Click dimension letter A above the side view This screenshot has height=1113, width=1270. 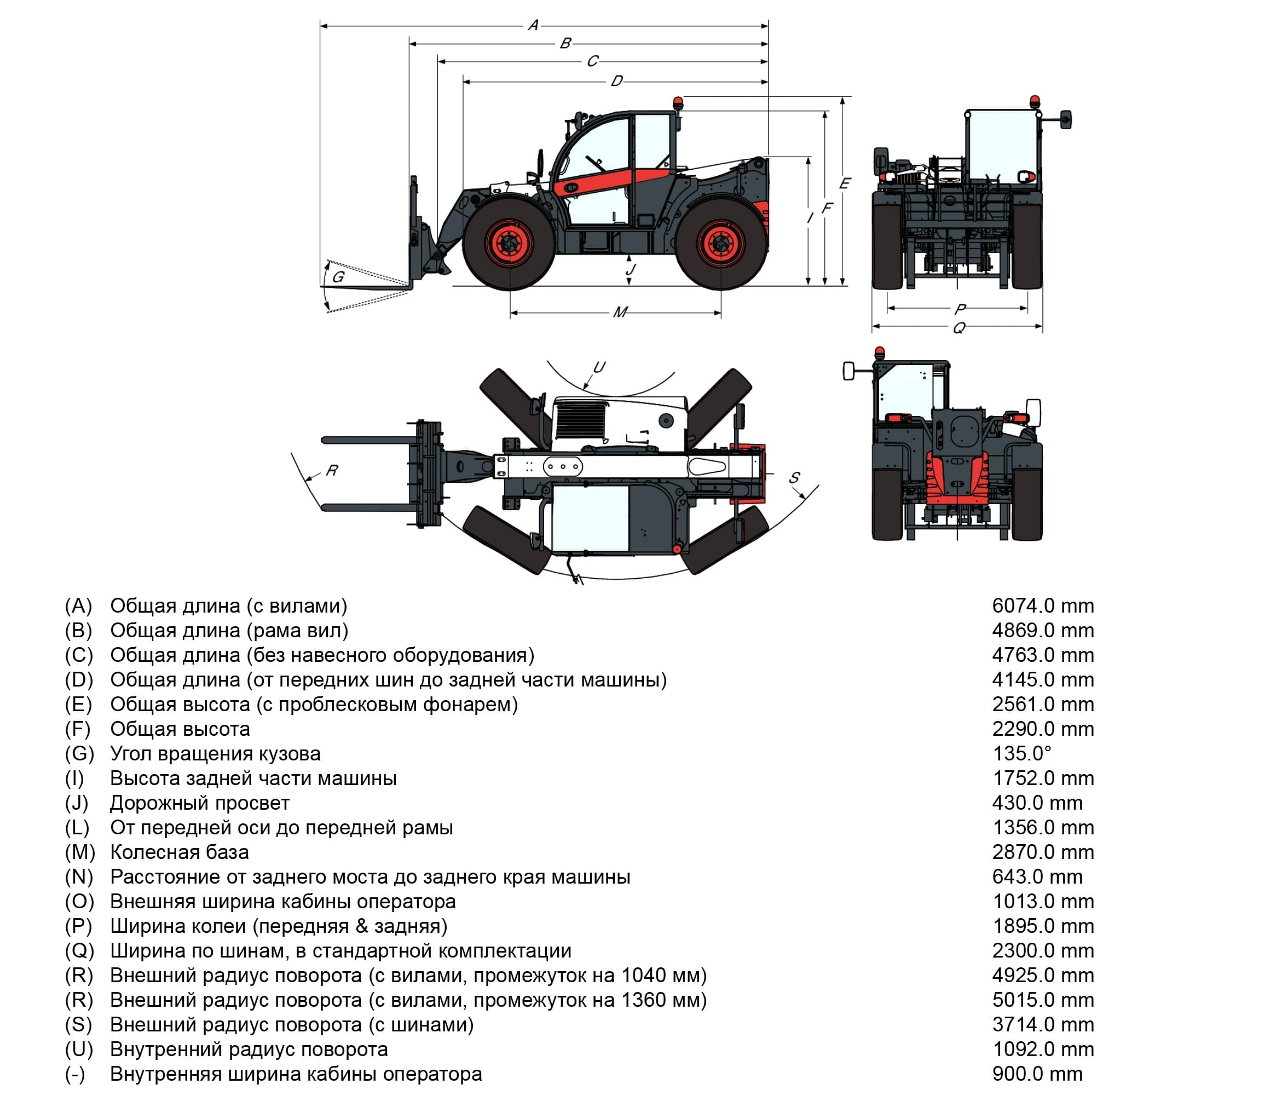click(533, 26)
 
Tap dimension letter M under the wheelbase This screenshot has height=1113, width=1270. click(620, 312)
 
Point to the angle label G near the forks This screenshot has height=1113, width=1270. click(338, 277)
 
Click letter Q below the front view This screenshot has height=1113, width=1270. click(958, 327)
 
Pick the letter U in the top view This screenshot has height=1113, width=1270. click(599, 367)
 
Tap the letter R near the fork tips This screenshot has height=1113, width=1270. click(332, 470)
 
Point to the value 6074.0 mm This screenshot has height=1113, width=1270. click(1042, 605)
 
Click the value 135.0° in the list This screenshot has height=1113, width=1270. click(1021, 753)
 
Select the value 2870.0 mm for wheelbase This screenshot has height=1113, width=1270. click(1042, 852)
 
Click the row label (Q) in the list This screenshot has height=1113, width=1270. click(79, 951)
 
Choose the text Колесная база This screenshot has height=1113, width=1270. click(179, 852)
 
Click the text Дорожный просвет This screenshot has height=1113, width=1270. click(199, 803)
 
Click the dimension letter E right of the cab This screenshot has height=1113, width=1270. click(845, 183)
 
